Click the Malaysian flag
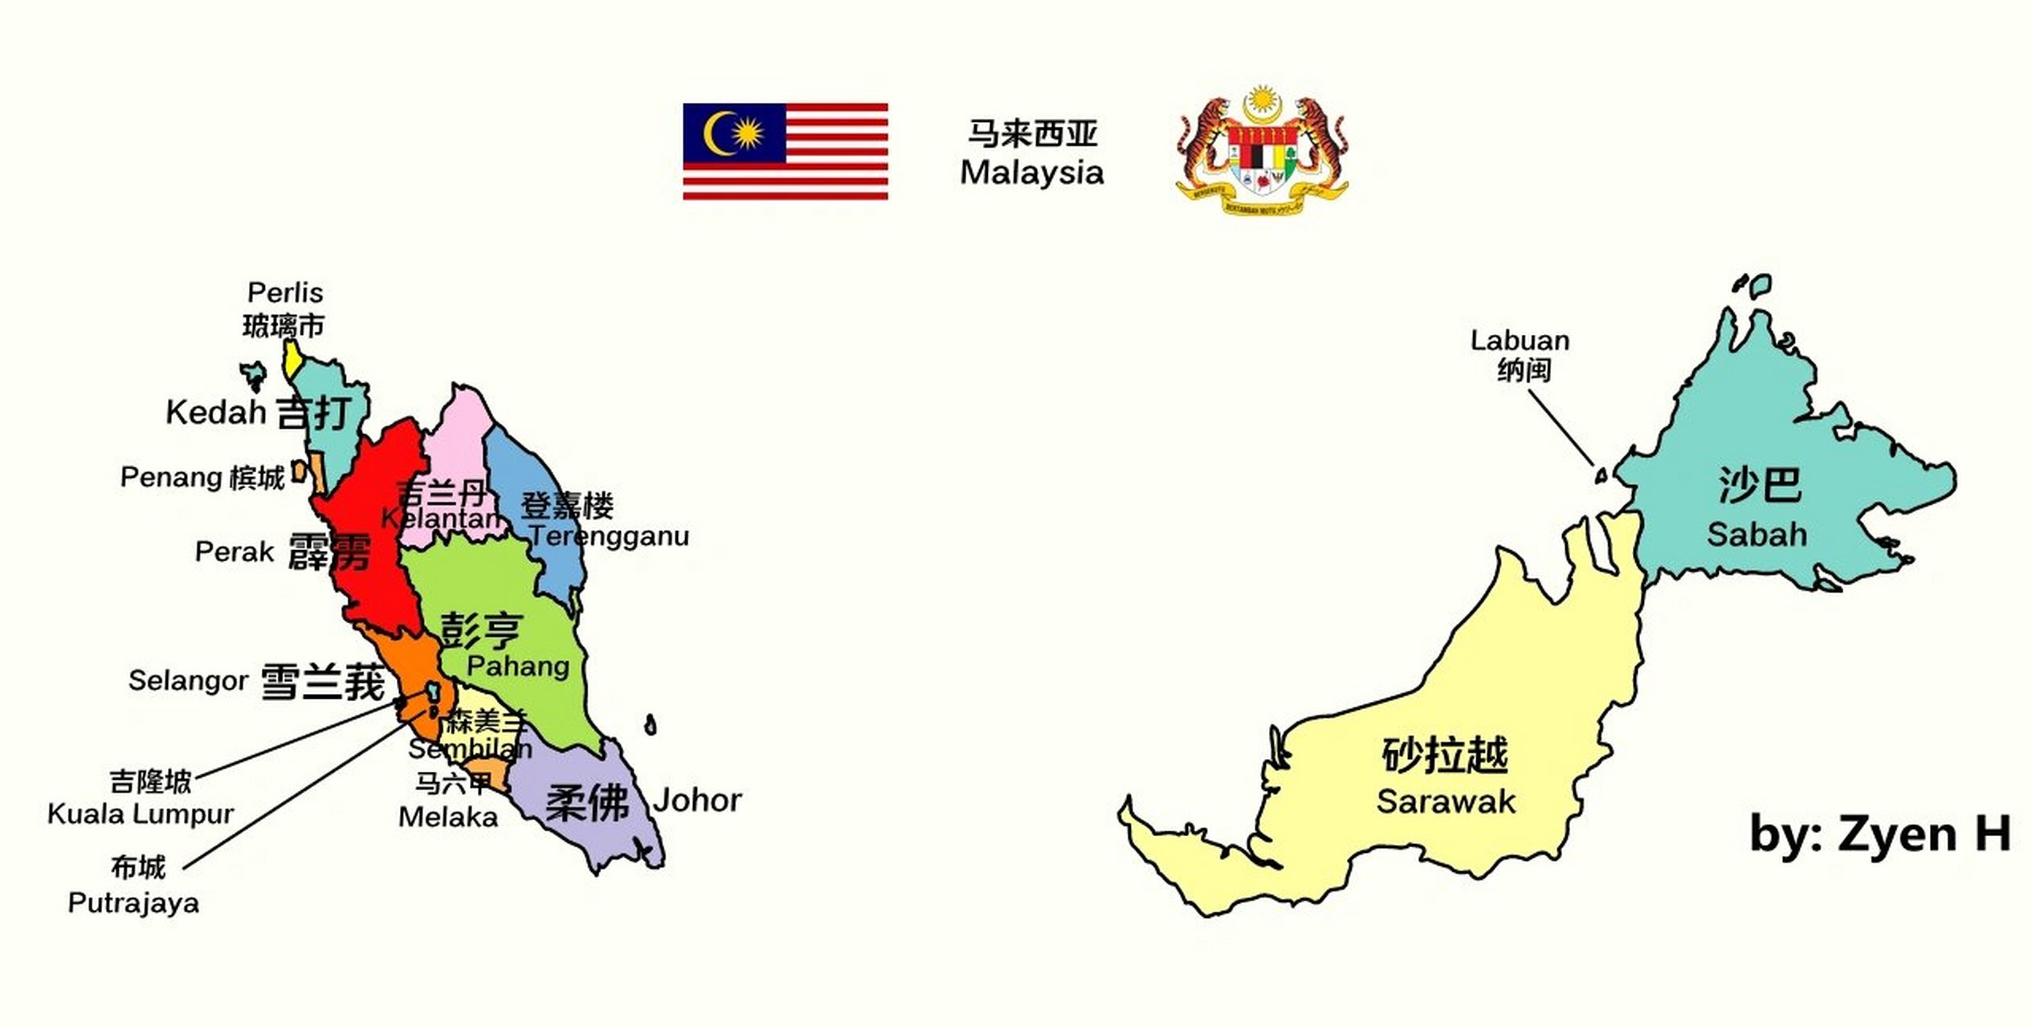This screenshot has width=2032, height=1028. [x=785, y=151]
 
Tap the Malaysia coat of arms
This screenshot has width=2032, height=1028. [x=1262, y=151]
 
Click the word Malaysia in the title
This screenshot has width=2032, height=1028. [x=1032, y=173]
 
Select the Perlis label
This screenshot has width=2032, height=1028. [x=285, y=293]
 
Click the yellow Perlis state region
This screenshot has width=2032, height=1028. [x=293, y=360]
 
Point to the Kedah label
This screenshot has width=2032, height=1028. [x=215, y=413]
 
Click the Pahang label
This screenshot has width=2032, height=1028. [x=518, y=666]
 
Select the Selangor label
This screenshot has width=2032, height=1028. [x=188, y=681]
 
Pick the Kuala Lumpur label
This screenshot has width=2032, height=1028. [x=141, y=814]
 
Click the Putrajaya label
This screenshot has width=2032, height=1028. [x=133, y=903]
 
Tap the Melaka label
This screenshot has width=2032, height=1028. [x=448, y=818]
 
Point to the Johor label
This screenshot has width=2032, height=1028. [x=697, y=800]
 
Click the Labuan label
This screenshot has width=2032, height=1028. [x=1520, y=341]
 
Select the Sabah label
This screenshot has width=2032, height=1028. [x=1757, y=535]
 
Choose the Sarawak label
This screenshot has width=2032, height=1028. [x=1446, y=802]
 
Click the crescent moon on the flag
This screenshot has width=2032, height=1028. [x=717, y=133]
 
